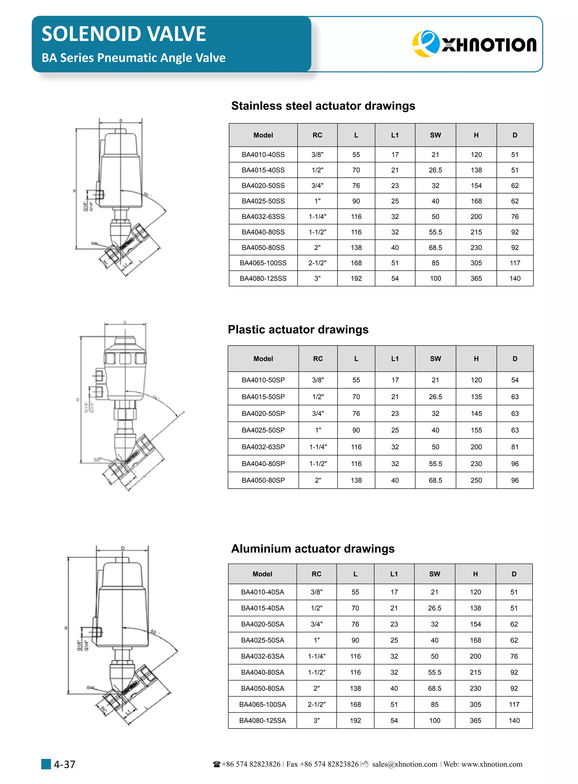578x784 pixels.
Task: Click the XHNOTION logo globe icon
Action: pyautogui.click(x=425, y=44)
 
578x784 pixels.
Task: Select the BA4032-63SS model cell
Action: pyautogui.click(x=263, y=216)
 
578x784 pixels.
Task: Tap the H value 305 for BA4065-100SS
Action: pyautogui.click(x=476, y=263)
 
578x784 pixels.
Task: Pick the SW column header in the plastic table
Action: pyautogui.click(x=435, y=359)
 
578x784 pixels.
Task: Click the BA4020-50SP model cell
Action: pyautogui.click(x=263, y=413)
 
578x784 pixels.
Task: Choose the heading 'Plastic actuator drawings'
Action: pyautogui.click(x=298, y=330)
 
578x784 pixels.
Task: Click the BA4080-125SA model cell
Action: pyautogui.click(x=262, y=720)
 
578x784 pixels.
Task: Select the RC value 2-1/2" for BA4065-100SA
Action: pyautogui.click(x=316, y=704)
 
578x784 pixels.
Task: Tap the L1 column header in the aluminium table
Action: pyautogui.click(x=394, y=574)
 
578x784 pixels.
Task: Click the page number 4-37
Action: pyautogui.click(x=64, y=765)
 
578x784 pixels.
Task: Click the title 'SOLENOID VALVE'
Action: pyautogui.click(x=124, y=34)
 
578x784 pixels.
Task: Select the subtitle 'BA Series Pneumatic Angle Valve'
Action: pyautogui.click(x=134, y=58)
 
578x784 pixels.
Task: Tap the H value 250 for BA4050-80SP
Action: pyautogui.click(x=476, y=480)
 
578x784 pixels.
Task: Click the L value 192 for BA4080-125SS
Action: pyautogui.click(x=356, y=278)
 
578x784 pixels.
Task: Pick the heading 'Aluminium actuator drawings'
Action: pyautogui.click(x=313, y=549)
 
